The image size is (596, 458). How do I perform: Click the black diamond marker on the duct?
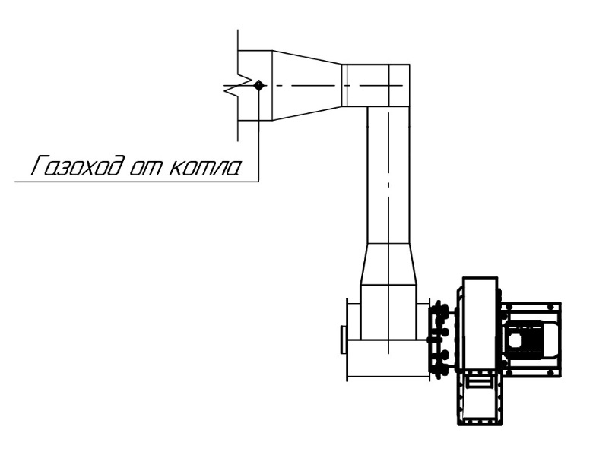(x=258, y=85)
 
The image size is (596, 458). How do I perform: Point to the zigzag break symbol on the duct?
(x=239, y=86)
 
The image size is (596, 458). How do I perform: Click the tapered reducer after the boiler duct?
(x=307, y=85)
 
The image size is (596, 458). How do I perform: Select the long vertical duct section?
(x=389, y=175)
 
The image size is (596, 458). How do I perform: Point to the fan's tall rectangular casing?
(x=480, y=323)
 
